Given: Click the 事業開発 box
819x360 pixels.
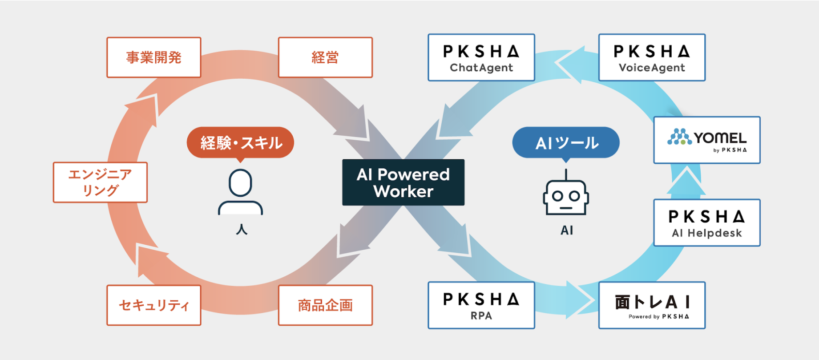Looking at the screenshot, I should (x=154, y=57).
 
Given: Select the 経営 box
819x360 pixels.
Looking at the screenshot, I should (x=325, y=57).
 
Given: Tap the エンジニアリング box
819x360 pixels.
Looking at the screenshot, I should (x=100, y=182).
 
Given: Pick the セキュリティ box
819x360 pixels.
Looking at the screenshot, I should (x=154, y=305).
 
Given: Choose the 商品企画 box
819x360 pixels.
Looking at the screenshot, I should (x=325, y=305).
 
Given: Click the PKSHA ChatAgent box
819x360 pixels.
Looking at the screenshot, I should (x=481, y=58).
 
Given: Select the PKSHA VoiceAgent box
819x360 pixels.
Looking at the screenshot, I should (x=652, y=58).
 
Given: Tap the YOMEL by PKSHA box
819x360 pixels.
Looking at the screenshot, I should (x=707, y=140).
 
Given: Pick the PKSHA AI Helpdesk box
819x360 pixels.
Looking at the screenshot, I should (x=707, y=222).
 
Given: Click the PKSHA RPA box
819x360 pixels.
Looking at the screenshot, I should (x=481, y=305).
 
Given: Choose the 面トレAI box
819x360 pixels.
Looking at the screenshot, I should (x=652, y=305).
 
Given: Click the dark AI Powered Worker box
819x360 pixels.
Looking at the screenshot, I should (x=403, y=182).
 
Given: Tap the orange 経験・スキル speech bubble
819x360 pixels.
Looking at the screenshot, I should (x=241, y=142).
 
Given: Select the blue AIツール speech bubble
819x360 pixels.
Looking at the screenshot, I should (x=566, y=143).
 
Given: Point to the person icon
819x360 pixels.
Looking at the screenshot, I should (x=241, y=192).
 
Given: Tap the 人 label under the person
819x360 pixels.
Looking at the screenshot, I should (x=242, y=230).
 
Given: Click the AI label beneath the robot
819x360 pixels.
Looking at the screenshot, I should (x=567, y=230).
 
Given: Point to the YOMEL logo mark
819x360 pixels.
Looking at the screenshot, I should (x=679, y=137).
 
